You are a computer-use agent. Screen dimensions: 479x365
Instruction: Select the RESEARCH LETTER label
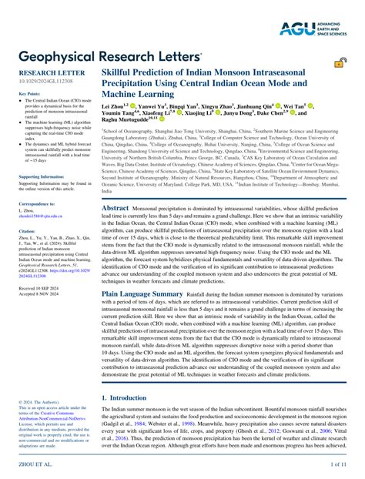coord(45,71)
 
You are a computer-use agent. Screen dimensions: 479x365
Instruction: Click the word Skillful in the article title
coord(120,71)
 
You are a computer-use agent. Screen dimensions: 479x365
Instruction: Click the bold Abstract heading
coord(116,209)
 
